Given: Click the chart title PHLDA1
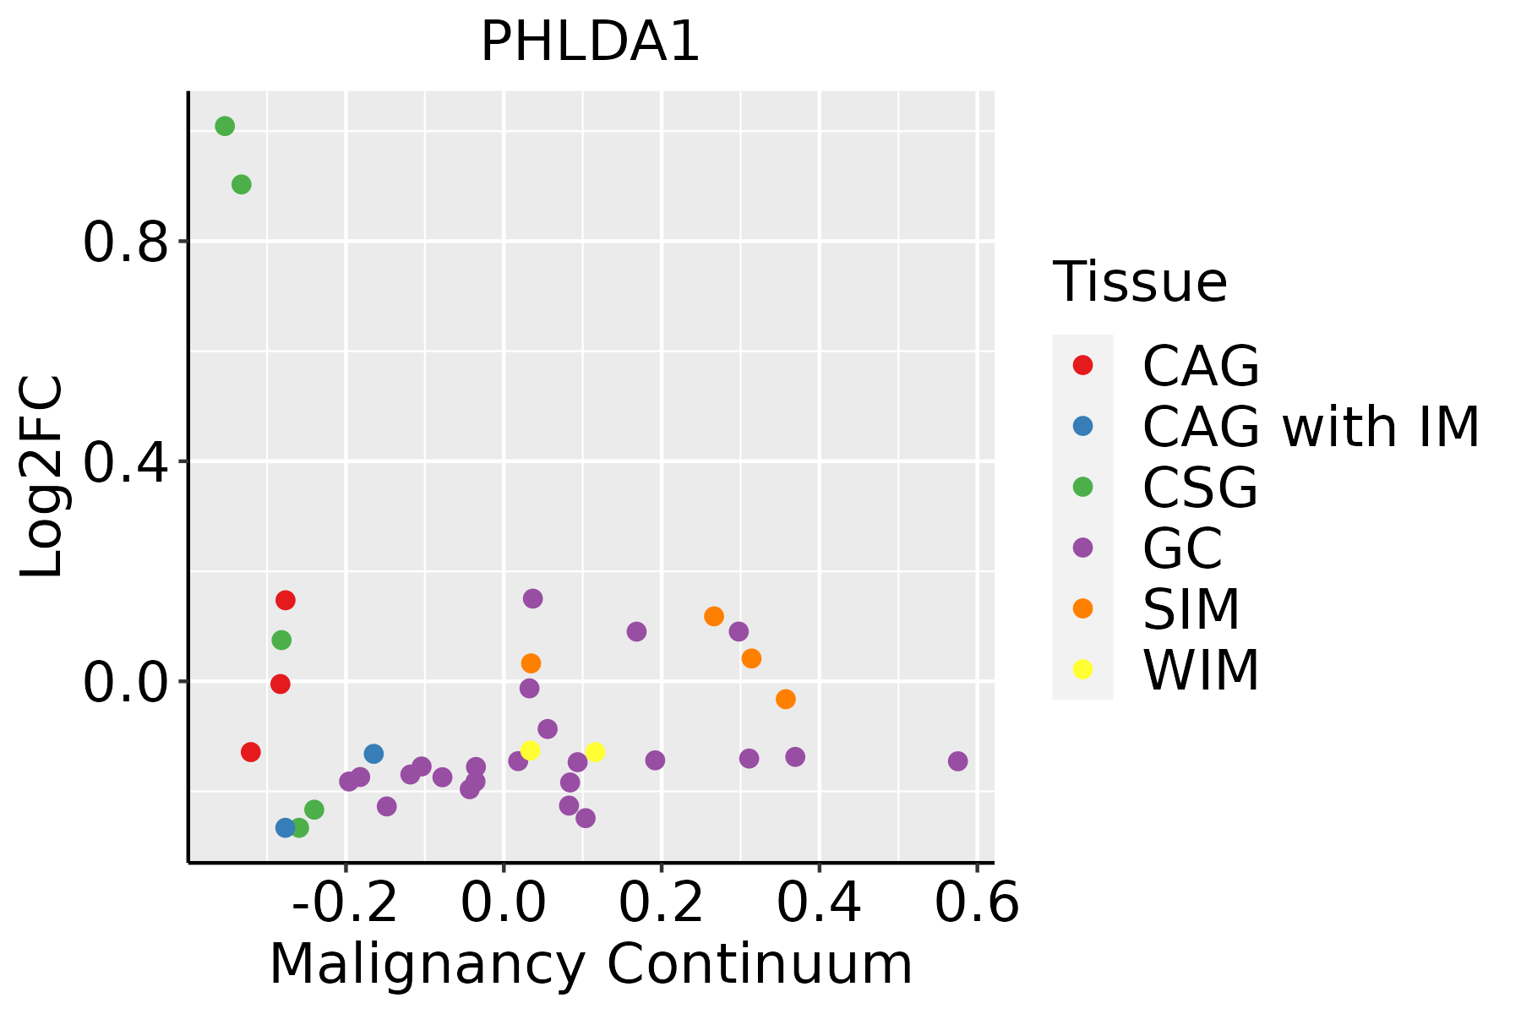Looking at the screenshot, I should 590,42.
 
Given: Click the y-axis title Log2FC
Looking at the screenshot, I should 42,477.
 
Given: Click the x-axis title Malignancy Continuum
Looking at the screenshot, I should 591,964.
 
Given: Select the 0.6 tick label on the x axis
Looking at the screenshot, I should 977,904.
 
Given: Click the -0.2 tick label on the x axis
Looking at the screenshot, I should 345,904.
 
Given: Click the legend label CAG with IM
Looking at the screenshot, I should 1311,427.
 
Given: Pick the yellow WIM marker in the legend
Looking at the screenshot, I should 1082,669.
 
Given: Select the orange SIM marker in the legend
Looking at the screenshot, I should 1082,608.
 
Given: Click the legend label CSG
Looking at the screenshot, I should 1200,488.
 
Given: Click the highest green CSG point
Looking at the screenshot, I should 225,127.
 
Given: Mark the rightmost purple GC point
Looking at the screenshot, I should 957,761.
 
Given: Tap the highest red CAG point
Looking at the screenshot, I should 286,601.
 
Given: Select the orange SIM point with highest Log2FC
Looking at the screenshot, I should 714,617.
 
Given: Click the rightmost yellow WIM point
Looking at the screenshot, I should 595,752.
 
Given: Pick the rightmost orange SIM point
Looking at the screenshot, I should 786,699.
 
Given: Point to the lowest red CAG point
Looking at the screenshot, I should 251,752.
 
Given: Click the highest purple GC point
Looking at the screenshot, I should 532,599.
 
